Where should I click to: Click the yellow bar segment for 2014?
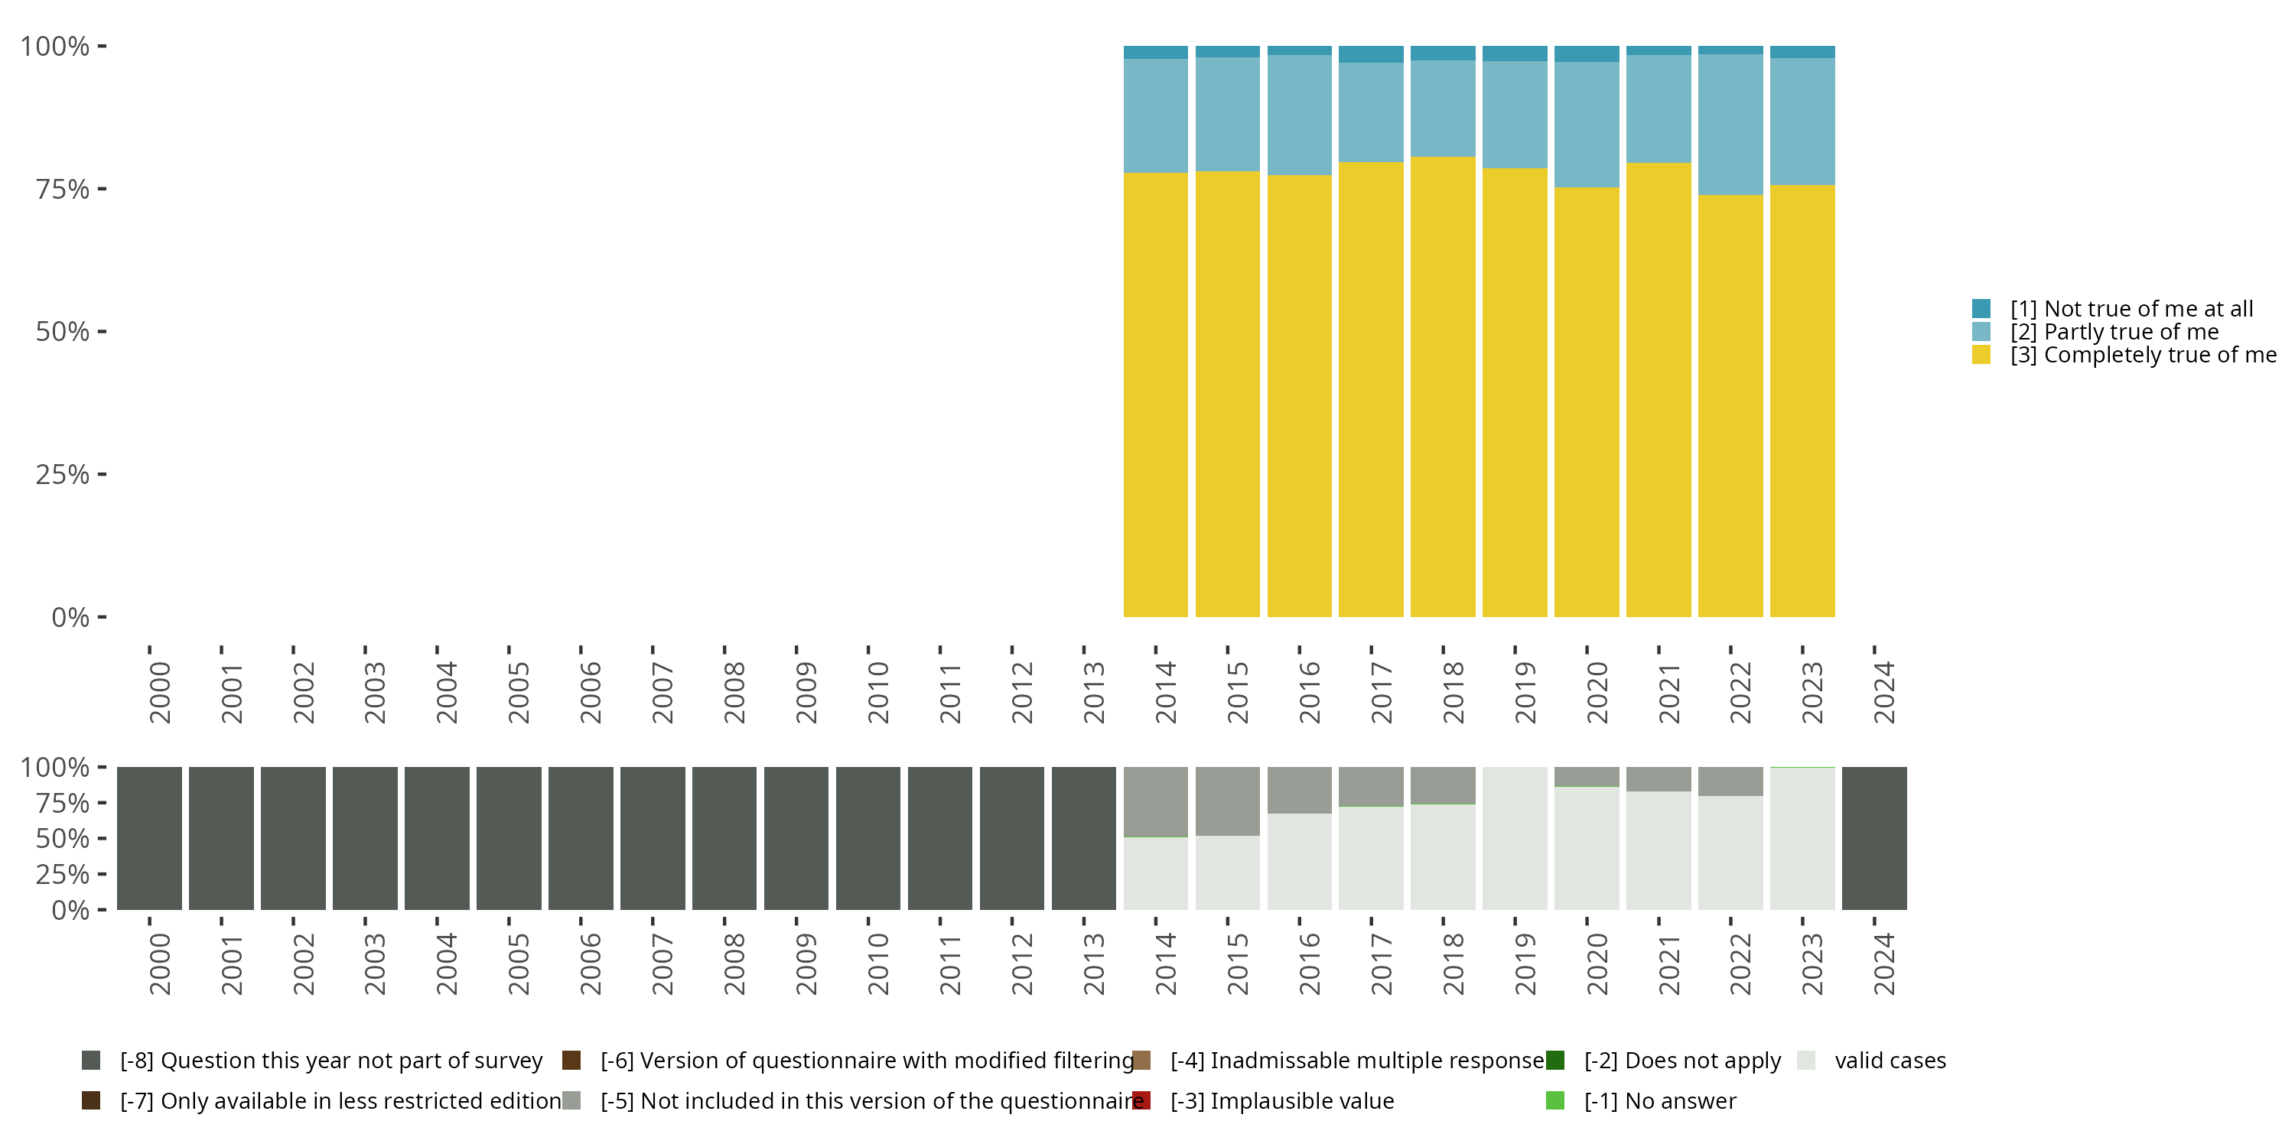pos(1155,394)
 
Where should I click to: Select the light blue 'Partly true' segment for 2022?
pos(1730,125)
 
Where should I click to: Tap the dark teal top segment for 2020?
pos(1587,54)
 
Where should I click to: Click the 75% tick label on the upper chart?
pos(63,189)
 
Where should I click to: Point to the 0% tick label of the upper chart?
pos(70,617)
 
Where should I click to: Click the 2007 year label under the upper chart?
pos(662,693)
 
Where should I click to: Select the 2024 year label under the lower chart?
pos(1883,964)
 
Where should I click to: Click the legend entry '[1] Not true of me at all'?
pos(2131,309)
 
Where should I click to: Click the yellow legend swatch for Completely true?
pos(1981,356)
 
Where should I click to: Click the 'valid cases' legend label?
pos(1890,1061)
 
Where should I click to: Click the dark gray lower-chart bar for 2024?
pos(1874,838)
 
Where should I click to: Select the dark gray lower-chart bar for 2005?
pos(509,838)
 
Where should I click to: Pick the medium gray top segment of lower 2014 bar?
pos(1155,801)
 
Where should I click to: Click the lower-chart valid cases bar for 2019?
pos(1515,838)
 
